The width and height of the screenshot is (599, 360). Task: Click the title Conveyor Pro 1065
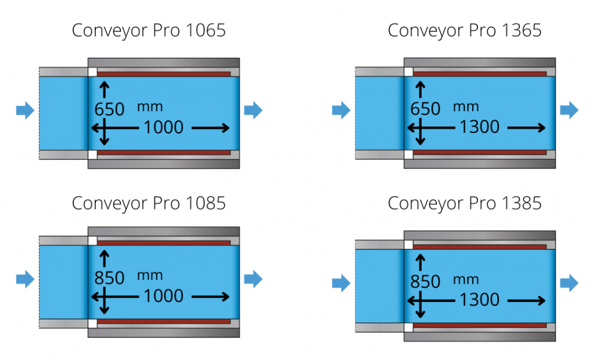click(x=149, y=31)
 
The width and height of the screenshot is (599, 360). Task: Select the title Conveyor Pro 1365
click(x=464, y=31)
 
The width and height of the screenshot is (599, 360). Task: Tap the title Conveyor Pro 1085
click(x=149, y=203)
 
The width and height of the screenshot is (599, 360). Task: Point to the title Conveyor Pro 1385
click(x=464, y=203)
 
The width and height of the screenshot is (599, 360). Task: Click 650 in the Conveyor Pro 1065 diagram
click(x=109, y=109)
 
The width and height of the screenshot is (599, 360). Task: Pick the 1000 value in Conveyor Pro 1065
click(x=163, y=127)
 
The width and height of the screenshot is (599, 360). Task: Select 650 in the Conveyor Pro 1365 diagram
click(x=425, y=109)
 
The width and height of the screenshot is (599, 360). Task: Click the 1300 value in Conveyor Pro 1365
click(x=479, y=127)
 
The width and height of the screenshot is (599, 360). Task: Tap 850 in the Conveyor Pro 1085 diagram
click(x=109, y=278)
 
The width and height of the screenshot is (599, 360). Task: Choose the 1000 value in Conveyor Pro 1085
click(x=163, y=296)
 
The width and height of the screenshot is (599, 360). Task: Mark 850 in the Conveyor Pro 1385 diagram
click(x=425, y=282)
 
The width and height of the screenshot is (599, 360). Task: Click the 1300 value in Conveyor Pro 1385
click(x=479, y=300)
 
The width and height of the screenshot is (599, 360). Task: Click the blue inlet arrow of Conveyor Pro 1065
click(x=25, y=110)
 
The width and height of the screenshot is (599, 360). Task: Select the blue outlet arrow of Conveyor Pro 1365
click(x=569, y=110)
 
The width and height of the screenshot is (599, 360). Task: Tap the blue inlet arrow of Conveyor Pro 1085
click(x=25, y=278)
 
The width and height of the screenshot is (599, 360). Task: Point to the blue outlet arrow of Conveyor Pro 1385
click(x=569, y=283)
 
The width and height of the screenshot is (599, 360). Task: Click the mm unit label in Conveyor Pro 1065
click(x=150, y=107)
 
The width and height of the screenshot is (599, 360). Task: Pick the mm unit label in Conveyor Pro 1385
click(x=466, y=280)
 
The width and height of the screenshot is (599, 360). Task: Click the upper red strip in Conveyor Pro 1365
click(x=480, y=74)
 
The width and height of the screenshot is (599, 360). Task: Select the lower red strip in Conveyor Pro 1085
click(x=164, y=321)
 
